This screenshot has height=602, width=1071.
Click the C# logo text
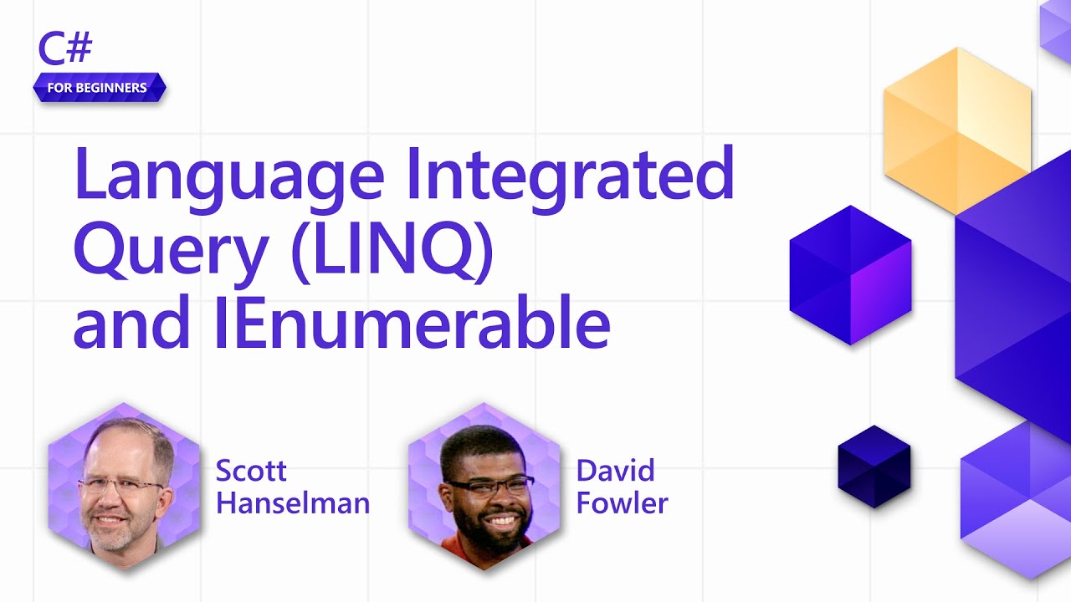pyautogui.click(x=65, y=49)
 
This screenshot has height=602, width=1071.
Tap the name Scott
pyautogui.click(x=251, y=471)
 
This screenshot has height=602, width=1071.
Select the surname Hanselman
pyautogui.click(x=292, y=503)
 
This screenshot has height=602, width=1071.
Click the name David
pyautogui.click(x=615, y=471)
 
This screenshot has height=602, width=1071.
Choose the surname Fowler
pyautogui.click(x=622, y=503)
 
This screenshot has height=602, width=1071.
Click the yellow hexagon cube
pyautogui.click(x=956, y=130)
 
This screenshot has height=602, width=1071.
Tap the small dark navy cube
pyautogui.click(x=874, y=466)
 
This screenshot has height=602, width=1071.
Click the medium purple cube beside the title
pyautogui.click(x=850, y=274)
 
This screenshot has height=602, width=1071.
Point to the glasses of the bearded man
pyautogui.click(x=489, y=486)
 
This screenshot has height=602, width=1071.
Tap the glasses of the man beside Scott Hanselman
pyautogui.click(x=121, y=487)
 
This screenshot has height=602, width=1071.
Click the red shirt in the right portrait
pyautogui.click(x=456, y=552)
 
